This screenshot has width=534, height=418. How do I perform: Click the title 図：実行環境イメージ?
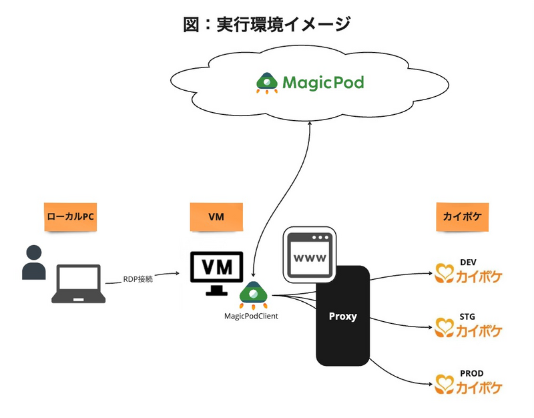pyautogui.click(x=267, y=24)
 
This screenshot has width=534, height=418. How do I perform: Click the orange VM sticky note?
pyautogui.click(x=216, y=217)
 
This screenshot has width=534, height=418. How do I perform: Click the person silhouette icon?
pyautogui.click(x=33, y=262)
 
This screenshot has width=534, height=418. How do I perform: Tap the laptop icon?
pyautogui.click(x=78, y=284)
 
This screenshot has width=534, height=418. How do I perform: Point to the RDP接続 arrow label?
pyautogui.click(x=138, y=279)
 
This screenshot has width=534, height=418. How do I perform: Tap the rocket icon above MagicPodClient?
pyautogui.click(x=253, y=295)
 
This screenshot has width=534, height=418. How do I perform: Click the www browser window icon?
pyautogui.click(x=310, y=254)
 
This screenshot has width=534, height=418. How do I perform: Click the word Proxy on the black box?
pyautogui.click(x=343, y=316)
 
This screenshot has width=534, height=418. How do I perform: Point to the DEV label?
pyautogui.click(x=470, y=262)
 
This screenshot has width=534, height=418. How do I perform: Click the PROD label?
pyautogui.click(x=471, y=373)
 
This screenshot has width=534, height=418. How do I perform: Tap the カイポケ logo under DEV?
pyautogui.click(x=468, y=274)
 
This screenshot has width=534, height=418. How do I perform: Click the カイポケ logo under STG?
pyautogui.click(x=468, y=330)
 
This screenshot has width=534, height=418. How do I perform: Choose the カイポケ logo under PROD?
pyautogui.click(x=468, y=385)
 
